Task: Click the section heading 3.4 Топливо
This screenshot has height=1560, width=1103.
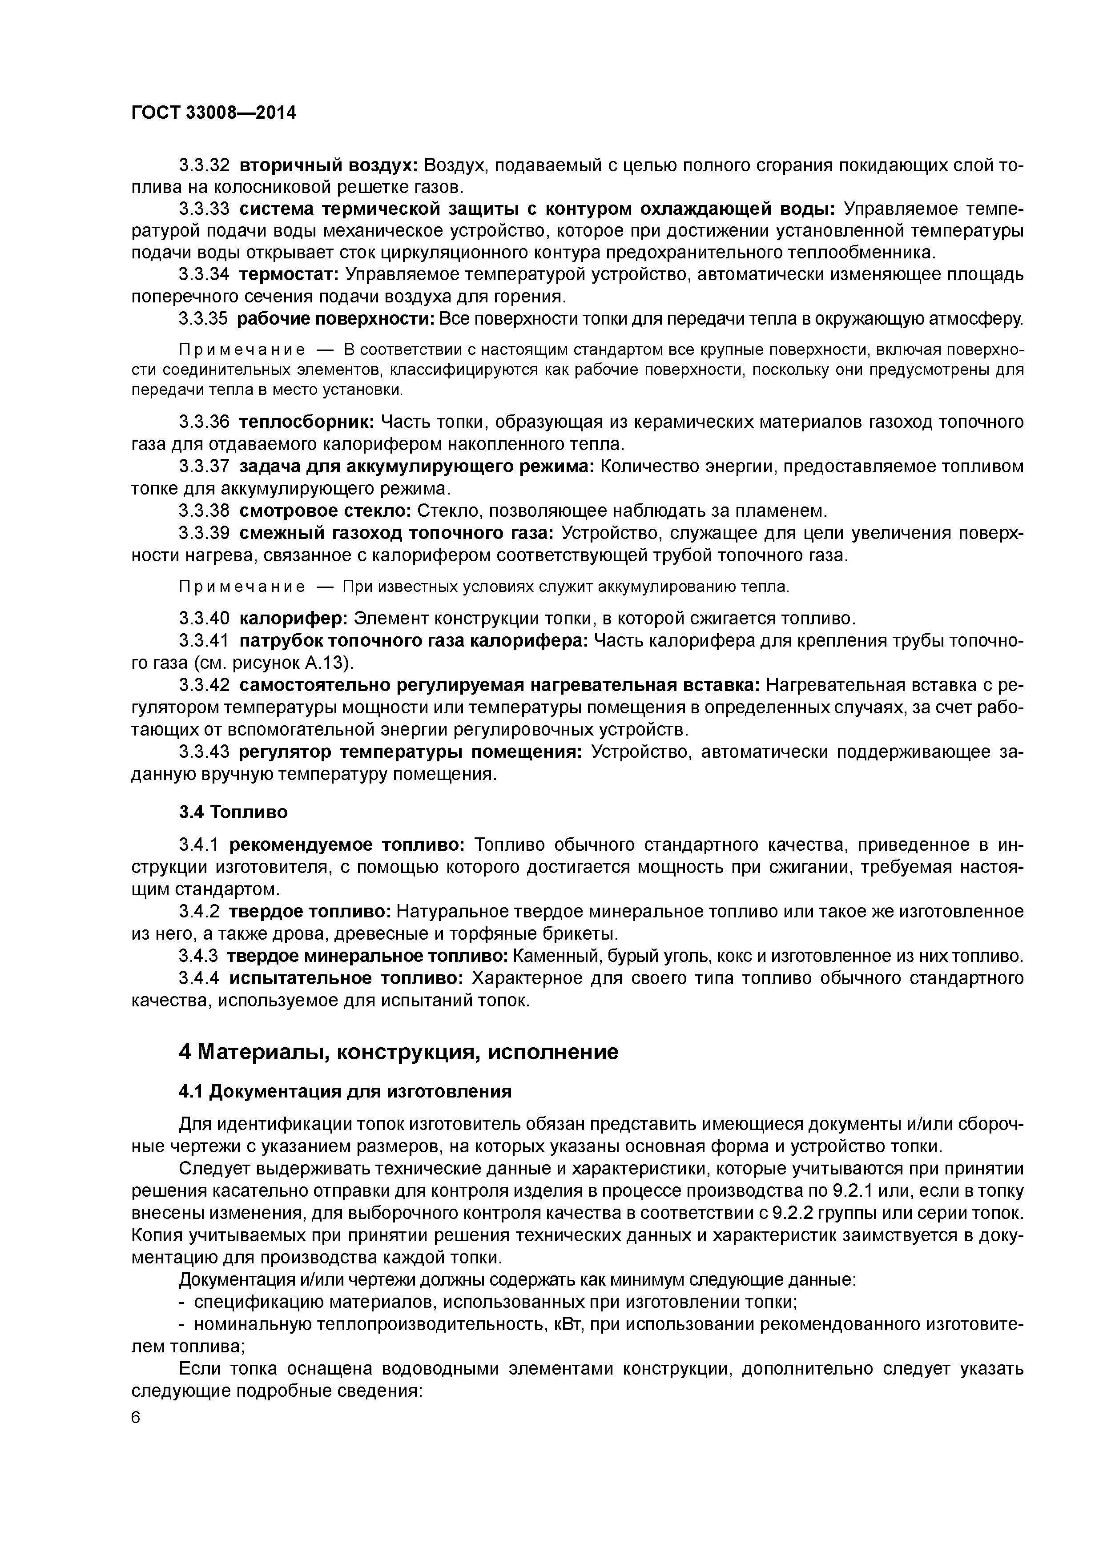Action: (x=233, y=812)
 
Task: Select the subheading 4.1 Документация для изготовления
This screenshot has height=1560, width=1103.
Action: (x=345, y=1091)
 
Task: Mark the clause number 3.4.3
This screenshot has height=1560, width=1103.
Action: (x=198, y=956)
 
